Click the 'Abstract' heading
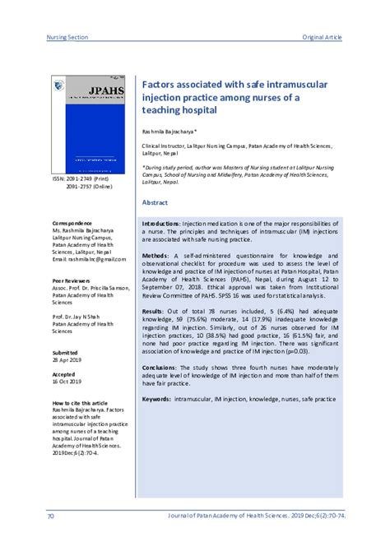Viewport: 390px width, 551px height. [x=156, y=201]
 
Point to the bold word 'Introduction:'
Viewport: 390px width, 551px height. [x=162, y=224]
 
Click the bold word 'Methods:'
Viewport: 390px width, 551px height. [x=156, y=256]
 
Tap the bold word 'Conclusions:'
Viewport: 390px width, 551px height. [x=161, y=368]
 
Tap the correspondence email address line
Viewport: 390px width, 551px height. [x=90, y=259]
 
